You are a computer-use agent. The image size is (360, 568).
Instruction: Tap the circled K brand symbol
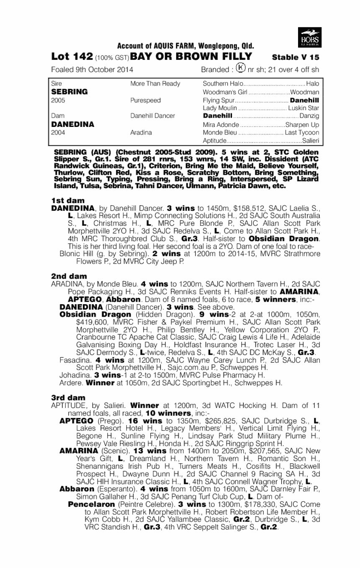pos(240,68)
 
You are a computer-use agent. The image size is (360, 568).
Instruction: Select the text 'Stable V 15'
pos(296,57)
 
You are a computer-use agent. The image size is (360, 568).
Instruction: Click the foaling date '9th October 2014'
pos(105,70)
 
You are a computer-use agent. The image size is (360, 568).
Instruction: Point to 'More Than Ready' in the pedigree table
pos(155,83)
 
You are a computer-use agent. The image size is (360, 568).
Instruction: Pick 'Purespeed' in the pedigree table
pos(145,100)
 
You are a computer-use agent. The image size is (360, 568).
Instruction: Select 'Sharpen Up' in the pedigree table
pos(302,124)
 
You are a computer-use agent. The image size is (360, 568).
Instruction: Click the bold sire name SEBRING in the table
pos(69,91)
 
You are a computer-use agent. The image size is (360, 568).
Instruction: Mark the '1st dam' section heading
pos(68,201)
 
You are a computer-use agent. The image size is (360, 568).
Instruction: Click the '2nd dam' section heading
pos(69,276)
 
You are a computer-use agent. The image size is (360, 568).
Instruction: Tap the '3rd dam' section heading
pos(68,397)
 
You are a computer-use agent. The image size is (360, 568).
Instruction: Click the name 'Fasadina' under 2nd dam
pos(74,360)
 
